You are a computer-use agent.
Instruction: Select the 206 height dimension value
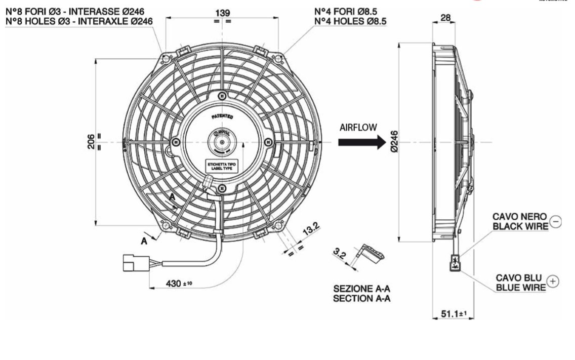coord(91,142)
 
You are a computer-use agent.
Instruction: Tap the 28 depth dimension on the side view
coord(445,18)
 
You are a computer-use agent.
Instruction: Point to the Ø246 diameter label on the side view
coord(395,142)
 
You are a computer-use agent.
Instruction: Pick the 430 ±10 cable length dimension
coord(179,283)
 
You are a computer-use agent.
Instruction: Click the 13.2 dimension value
coord(310,229)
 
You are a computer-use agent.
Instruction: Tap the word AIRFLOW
coord(358,128)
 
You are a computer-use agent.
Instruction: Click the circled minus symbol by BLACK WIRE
coord(555,221)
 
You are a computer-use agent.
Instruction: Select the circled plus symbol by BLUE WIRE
coord(553,283)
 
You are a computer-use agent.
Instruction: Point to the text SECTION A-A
coord(361,298)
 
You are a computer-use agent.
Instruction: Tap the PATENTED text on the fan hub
coord(222,116)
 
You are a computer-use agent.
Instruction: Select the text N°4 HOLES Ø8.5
coord(352,21)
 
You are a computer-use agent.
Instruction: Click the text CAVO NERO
coord(520,217)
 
